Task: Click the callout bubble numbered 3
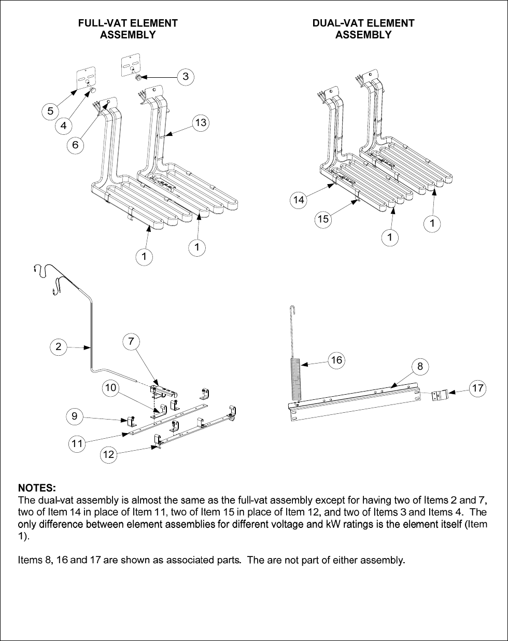(186, 77)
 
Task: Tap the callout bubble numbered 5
(50, 110)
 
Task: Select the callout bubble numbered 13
(201, 123)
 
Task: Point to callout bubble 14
(298, 200)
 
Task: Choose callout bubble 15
(323, 219)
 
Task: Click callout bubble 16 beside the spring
(337, 360)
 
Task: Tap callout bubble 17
(478, 387)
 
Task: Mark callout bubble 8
(420, 367)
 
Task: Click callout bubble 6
(76, 145)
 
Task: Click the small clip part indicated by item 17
(439, 396)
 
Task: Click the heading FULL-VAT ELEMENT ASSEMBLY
(128, 29)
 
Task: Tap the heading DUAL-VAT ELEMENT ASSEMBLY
(363, 29)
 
